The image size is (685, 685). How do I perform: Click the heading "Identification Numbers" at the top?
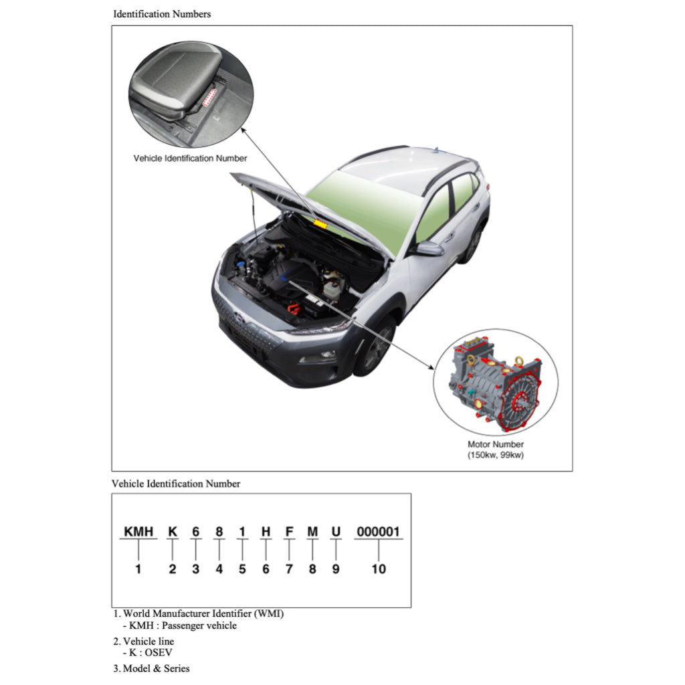[162, 14]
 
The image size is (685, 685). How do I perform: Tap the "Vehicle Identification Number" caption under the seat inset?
[190, 159]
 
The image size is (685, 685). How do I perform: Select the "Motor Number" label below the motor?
[495, 444]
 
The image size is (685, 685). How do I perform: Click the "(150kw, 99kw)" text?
[495, 455]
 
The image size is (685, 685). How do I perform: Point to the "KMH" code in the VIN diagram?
[138, 532]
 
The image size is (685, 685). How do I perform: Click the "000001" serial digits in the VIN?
[378, 532]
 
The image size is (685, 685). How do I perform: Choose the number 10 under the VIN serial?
[379, 569]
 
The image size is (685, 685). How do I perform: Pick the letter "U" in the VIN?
[336, 532]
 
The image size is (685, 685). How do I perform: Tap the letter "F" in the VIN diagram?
[289, 532]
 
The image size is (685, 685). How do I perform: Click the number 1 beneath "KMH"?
[138, 569]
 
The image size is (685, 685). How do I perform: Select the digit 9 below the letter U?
[336, 569]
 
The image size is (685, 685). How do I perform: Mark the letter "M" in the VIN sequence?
[312, 532]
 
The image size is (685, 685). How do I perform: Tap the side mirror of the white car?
[429, 249]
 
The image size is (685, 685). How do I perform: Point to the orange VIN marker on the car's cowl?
[319, 223]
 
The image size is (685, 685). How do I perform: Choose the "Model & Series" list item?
[156, 668]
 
